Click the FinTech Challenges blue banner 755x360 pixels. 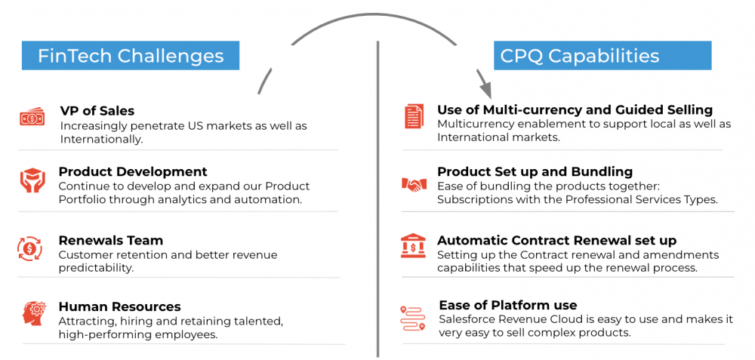tap(131, 55)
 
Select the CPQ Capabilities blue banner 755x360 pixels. tap(602, 55)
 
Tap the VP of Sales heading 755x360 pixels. tap(97, 111)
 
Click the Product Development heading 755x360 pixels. tap(133, 172)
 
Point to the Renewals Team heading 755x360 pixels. tap(111, 240)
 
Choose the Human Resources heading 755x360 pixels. tap(120, 306)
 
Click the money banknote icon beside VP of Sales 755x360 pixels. tap(32, 118)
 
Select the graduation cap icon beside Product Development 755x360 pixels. tap(32, 180)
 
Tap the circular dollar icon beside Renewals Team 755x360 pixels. tap(30, 248)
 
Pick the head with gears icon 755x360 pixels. tap(34, 312)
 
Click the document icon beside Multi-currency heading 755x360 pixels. tap(414, 116)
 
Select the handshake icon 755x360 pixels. tap(414, 184)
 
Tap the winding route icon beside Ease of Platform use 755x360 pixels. tap(413, 318)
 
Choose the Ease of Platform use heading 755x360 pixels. tap(508, 305)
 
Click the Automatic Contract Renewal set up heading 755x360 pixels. tap(557, 240)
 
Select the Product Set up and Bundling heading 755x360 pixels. tap(535, 172)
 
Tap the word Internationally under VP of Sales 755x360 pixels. tap(100, 139)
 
